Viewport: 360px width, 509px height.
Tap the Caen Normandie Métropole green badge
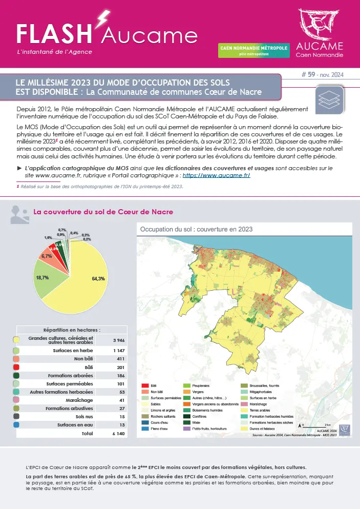click(x=254, y=50)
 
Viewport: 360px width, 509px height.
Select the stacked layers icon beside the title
click(x=329, y=97)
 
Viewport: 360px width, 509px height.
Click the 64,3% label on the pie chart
click(x=98, y=279)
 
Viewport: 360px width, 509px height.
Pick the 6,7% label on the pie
click(x=47, y=256)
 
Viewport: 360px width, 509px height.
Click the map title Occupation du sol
click(x=196, y=229)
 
